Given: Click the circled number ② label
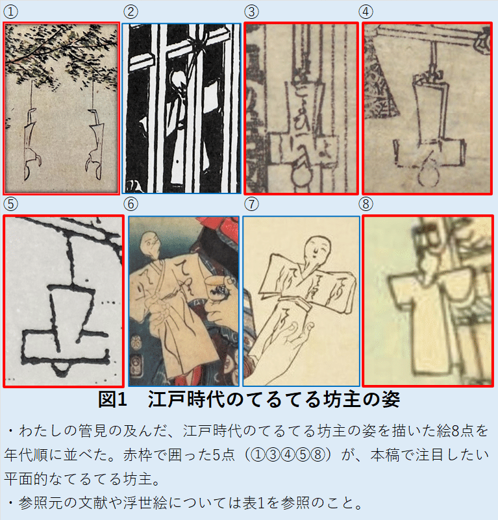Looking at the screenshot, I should (131, 12).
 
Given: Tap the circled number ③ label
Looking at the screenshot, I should (251, 12).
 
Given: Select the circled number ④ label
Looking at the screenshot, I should (367, 12).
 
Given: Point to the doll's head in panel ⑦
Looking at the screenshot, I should (316, 247).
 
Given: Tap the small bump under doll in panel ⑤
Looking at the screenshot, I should (61, 369).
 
